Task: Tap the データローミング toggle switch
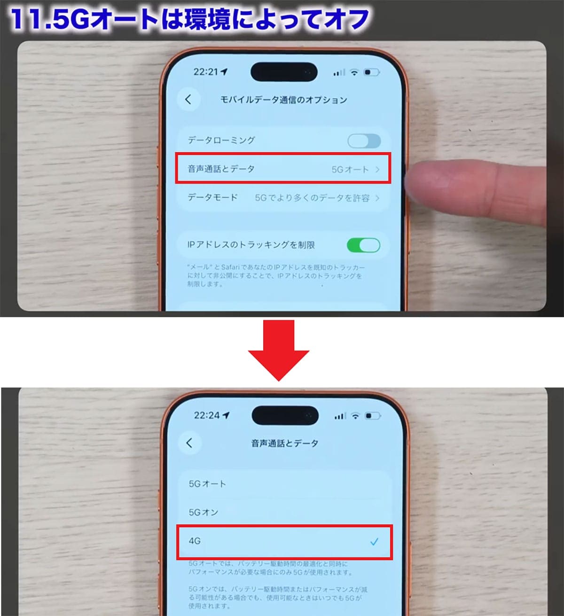point(364,140)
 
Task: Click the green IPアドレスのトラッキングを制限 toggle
point(363,245)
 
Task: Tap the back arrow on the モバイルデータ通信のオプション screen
point(188,99)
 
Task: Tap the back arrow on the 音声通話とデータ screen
point(189,443)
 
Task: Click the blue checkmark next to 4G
point(374,542)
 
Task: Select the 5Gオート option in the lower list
point(207,483)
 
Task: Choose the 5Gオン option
point(204,512)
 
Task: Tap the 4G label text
point(195,541)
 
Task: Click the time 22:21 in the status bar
point(206,72)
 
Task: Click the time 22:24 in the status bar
point(207,415)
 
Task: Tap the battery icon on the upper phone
point(372,72)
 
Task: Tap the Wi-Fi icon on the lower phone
point(355,416)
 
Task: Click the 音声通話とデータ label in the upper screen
point(221,169)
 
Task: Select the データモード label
point(212,198)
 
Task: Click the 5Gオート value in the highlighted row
point(350,170)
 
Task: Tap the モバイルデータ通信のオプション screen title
point(283,100)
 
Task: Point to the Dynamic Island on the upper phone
point(283,72)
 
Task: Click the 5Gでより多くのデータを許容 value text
point(312,198)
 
